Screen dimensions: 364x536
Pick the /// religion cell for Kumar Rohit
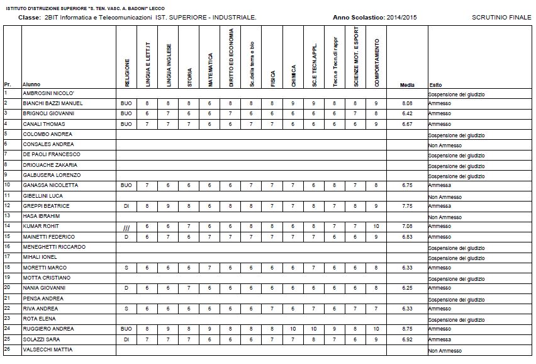tap(126, 227)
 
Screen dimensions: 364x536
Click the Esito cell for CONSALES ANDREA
tap(445, 145)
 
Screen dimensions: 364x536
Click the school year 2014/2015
tap(401, 17)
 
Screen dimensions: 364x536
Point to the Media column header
tap(408, 84)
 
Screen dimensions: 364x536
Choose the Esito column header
tap(435, 84)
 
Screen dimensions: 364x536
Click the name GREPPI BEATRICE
tap(46, 205)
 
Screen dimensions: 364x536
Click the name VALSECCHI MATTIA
tap(47, 349)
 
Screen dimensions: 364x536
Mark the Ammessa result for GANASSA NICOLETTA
tap(440, 185)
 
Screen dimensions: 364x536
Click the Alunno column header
tap(31, 84)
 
